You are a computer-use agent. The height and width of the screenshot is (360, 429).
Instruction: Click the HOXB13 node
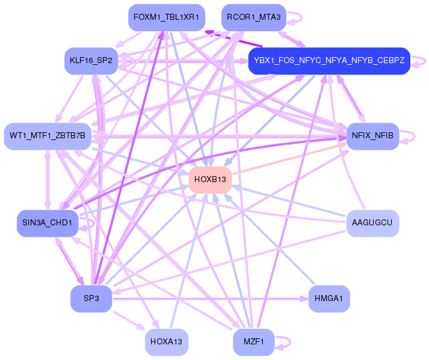[210, 179]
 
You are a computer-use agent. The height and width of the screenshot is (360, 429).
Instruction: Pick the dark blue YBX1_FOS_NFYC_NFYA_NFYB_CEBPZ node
[329, 61]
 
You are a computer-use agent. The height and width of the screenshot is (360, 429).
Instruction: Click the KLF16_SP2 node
[91, 61]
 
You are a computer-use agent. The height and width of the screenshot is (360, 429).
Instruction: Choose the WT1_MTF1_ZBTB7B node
[48, 136]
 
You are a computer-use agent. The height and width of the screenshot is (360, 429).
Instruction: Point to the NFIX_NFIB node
[372, 136]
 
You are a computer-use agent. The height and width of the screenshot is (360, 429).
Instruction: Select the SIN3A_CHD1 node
[48, 223]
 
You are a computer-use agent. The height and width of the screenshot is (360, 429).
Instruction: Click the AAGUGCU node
[372, 223]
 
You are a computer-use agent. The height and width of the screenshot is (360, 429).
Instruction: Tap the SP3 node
[91, 299]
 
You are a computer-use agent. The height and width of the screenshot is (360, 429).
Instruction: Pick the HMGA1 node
[329, 299]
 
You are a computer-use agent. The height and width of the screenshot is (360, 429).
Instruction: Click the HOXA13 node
[167, 342]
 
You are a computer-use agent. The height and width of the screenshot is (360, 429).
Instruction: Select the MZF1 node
[253, 342]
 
